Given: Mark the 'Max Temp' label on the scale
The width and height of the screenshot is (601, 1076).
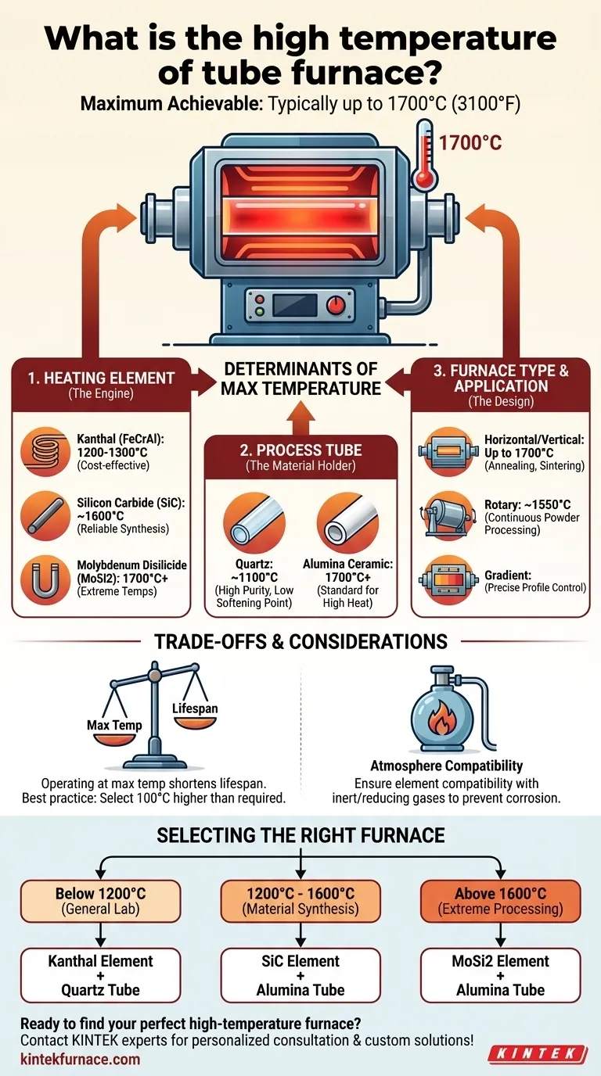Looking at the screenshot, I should tap(114, 725).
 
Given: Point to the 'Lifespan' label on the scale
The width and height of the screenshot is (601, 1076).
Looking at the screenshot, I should tap(195, 708).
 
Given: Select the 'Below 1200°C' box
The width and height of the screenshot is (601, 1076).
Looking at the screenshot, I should tap(101, 901).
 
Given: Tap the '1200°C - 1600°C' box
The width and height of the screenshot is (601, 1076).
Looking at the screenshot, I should tap(301, 901).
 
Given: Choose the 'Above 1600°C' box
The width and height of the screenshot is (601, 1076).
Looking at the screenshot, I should tap(501, 901).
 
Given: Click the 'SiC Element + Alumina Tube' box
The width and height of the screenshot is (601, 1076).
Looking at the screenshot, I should tap(301, 975).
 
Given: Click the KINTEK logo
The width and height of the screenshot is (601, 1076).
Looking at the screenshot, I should tap(538, 1054).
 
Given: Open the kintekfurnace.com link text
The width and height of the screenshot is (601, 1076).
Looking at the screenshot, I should tap(80, 1059).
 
